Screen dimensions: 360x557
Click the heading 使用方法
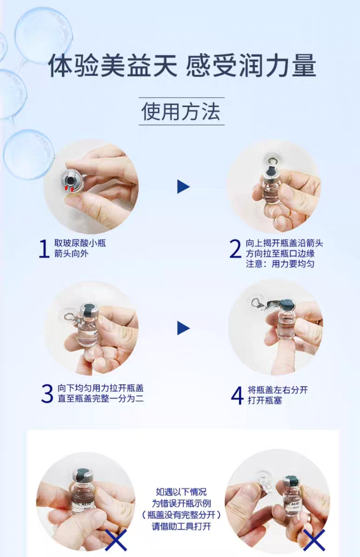pyautogui.click(x=181, y=111)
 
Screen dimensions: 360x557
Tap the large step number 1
pyautogui.click(x=44, y=249)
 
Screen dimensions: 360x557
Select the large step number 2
pyautogui.click(x=235, y=249)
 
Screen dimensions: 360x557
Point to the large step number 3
pyautogui.click(x=47, y=394)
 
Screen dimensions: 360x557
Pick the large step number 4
pyautogui.click(x=237, y=395)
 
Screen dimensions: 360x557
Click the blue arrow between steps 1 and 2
pyautogui.click(x=183, y=187)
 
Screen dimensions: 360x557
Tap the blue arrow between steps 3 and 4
pyautogui.click(x=183, y=328)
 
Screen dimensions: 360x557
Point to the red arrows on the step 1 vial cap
pyautogui.click(x=69, y=188)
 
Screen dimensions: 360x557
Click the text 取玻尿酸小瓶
pyautogui.click(x=80, y=243)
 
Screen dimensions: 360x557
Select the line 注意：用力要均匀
pyautogui.click(x=280, y=264)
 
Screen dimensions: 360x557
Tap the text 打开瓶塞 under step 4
pyautogui.click(x=264, y=401)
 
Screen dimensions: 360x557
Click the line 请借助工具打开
pyautogui.click(x=181, y=526)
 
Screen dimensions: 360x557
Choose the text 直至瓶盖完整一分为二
pyautogui.click(x=101, y=399)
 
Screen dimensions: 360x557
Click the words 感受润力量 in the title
pyautogui.click(x=251, y=66)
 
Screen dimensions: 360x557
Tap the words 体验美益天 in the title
pyautogui.click(x=112, y=66)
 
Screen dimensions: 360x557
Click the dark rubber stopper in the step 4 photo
pyautogui.click(x=287, y=304)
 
